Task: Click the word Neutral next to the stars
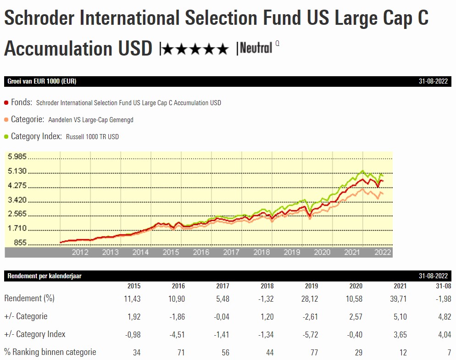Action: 256,47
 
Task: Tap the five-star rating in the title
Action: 195,49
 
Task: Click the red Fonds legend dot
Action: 6,103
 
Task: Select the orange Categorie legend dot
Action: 6,120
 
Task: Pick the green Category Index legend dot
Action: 6,137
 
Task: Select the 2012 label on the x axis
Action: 80,252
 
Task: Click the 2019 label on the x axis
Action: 292,252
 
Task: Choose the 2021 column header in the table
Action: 400,286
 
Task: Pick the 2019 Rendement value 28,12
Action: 308,298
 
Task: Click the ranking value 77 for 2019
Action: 314,352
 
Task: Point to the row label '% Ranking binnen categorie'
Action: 50,352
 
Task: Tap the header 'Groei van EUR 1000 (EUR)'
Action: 42,81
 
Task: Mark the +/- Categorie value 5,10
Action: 399,316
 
